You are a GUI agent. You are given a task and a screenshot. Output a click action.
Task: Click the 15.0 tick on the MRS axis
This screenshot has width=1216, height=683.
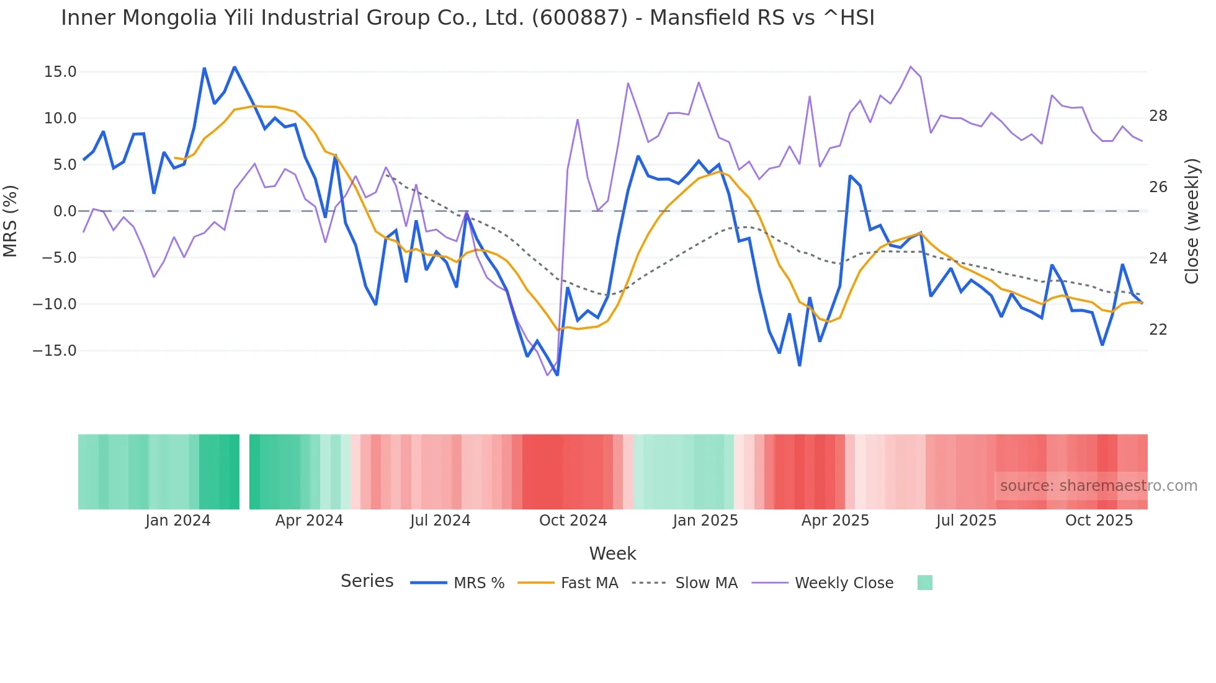point(60,72)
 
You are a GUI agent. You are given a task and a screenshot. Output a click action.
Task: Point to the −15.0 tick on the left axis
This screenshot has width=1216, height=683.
point(55,351)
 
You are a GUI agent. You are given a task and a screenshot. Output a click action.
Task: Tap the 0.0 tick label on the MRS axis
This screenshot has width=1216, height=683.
point(65,211)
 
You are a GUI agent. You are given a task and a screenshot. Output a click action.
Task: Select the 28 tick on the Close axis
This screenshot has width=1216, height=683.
point(1158,116)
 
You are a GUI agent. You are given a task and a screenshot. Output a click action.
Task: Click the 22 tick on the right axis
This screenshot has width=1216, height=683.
point(1158,330)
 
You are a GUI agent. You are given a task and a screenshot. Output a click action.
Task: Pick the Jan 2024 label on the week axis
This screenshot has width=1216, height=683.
point(178,521)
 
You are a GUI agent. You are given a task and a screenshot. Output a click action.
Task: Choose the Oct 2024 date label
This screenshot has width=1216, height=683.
point(573,521)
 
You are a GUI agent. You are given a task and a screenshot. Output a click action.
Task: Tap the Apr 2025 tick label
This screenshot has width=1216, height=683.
point(835,521)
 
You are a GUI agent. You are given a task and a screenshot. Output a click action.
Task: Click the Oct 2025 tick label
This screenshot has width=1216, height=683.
point(1099,521)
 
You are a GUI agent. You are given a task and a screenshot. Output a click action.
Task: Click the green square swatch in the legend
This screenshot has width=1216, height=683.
point(924,583)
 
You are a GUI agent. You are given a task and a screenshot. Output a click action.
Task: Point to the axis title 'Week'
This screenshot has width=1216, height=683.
point(612,553)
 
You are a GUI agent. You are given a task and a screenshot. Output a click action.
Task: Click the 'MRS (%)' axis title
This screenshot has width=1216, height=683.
point(11,221)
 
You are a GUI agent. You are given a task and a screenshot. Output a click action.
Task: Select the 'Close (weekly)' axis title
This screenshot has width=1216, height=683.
point(1191,221)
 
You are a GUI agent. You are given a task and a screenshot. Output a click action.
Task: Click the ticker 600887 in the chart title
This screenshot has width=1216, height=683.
point(579,18)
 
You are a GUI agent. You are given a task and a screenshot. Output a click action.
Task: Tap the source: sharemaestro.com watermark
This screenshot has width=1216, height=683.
point(1098,486)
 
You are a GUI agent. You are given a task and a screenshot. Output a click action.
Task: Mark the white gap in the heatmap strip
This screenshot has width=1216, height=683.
point(244,472)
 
